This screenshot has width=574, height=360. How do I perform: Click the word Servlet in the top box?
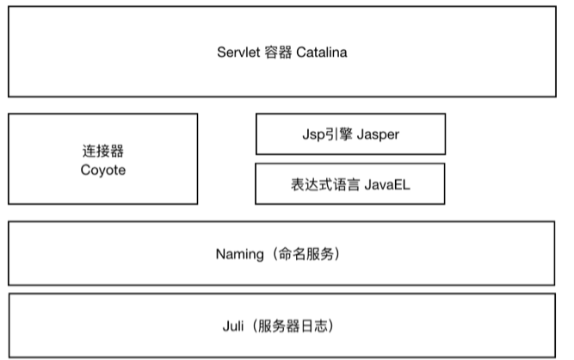(238, 53)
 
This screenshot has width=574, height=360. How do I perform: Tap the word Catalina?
(321, 53)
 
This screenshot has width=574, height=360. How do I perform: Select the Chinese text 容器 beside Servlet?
(278, 53)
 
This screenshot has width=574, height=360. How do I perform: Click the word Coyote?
(103, 171)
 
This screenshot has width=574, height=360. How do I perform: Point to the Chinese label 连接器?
(103, 151)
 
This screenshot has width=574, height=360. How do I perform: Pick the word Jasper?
(378, 134)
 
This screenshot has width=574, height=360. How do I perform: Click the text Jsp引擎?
(327, 134)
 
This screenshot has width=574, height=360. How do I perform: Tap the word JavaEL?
(387, 184)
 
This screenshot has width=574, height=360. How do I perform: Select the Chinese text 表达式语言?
(325, 184)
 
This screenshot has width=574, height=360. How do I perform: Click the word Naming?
(240, 254)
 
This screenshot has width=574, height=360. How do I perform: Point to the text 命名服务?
(306, 254)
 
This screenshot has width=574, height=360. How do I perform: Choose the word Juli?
(233, 326)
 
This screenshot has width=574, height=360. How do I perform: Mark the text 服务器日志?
(293, 326)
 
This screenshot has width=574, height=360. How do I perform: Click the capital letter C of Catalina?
(301, 53)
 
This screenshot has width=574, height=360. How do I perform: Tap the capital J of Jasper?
(361, 134)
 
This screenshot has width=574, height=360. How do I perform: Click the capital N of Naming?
(221, 254)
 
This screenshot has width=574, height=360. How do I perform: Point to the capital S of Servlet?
(222, 53)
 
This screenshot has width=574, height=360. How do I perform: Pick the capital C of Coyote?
(85, 170)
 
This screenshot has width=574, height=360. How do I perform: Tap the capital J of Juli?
(225, 326)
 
